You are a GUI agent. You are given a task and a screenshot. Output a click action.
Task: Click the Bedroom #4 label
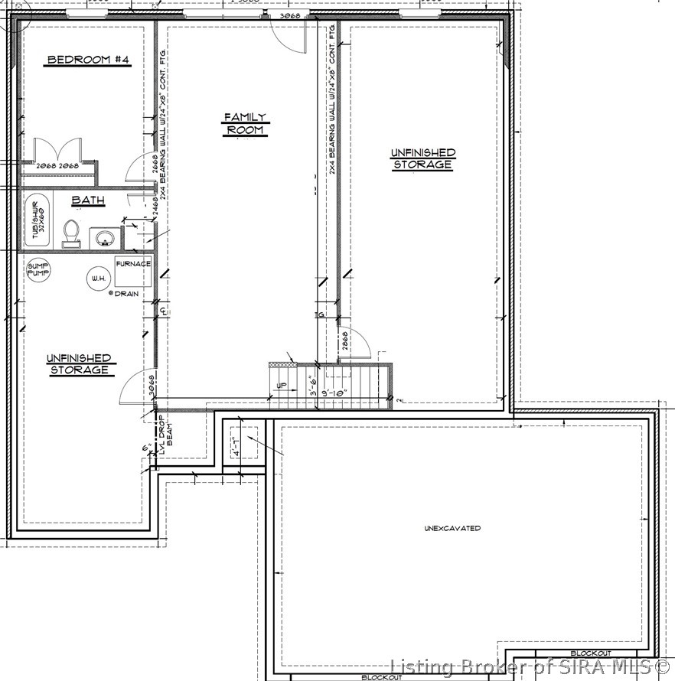[x=86, y=60]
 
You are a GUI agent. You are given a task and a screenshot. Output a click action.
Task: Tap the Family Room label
[x=245, y=123]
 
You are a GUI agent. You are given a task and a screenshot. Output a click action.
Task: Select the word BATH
[x=88, y=200]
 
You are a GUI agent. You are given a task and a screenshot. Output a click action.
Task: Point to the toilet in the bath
[x=71, y=233]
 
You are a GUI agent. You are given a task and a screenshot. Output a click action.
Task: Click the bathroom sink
[x=103, y=238]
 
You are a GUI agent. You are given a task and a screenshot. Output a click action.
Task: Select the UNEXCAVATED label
[x=453, y=529]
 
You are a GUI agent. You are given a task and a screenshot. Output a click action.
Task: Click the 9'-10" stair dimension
[x=334, y=393]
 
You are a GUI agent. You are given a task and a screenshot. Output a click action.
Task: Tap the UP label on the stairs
[x=280, y=385]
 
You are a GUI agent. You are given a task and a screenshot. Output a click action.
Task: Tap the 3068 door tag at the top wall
[x=289, y=15]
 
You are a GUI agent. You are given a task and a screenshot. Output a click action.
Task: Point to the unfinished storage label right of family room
[x=422, y=158]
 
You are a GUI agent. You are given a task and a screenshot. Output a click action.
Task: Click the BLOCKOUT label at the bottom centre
[x=382, y=677]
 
